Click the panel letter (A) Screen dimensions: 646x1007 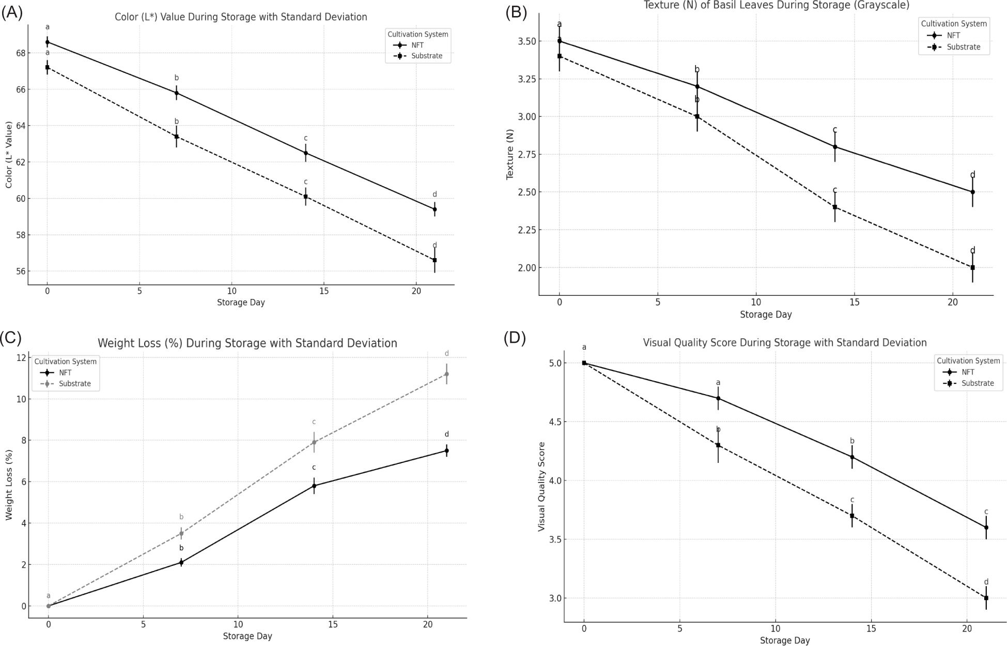(x=12, y=13)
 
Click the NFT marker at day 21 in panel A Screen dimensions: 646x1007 (x=435, y=209)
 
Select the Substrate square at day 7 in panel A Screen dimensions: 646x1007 (x=176, y=137)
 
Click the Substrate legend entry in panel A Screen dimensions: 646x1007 (x=426, y=56)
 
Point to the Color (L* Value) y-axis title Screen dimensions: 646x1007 (x=9, y=155)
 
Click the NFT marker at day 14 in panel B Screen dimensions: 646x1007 (x=835, y=147)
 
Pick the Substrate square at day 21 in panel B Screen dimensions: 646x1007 (x=972, y=267)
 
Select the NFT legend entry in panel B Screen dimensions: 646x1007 (x=953, y=36)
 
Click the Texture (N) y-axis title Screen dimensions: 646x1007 (x=510, y=156)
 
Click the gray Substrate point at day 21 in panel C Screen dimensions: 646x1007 (x=446, y=374)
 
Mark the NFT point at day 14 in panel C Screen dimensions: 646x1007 (x=314, y=486)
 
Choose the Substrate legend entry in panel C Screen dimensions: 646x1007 (x=74, y=384)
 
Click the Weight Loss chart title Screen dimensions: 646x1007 (x=247, y=343)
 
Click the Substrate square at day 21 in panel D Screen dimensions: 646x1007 (x=986, y=598)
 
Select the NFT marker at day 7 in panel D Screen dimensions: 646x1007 (x=718, y=398)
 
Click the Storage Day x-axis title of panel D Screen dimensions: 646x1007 (x=784, y=640)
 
